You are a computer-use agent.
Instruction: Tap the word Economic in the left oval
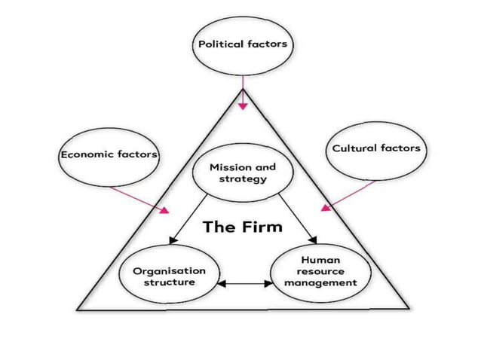click(85, 154)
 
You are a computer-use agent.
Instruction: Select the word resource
click(320, 271)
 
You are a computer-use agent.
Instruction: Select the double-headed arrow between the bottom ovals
click(245, 284)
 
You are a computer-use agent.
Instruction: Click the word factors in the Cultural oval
click(400, 148)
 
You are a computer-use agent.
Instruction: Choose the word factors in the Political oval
click(267, 44)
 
